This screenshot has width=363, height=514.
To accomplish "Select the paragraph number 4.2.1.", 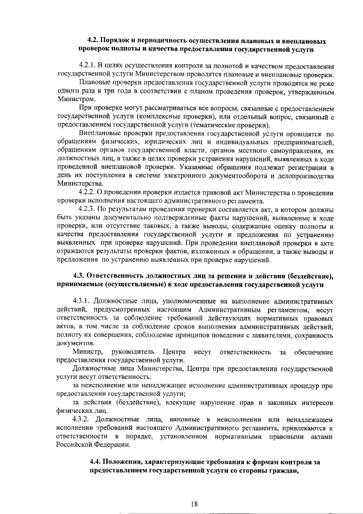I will pyautogui.click(x=91, y=68).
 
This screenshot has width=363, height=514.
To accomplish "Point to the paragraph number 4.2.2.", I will pyautogui.click(x=91, y=193).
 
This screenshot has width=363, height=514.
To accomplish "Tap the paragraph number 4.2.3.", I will pyautogui.click(x=91, y=210).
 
